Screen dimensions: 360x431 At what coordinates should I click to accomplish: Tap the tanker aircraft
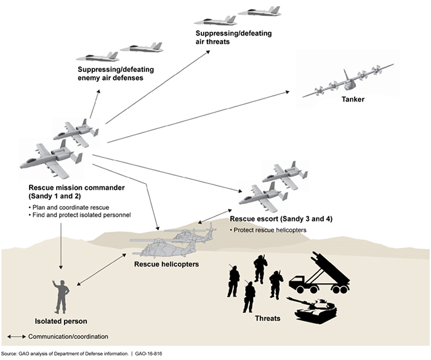point(348,80)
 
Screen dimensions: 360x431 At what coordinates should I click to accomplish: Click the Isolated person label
point(61,321)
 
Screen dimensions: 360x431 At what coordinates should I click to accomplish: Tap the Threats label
point(267,319)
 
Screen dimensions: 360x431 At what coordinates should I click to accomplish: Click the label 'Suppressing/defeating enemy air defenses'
point(115,74)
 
